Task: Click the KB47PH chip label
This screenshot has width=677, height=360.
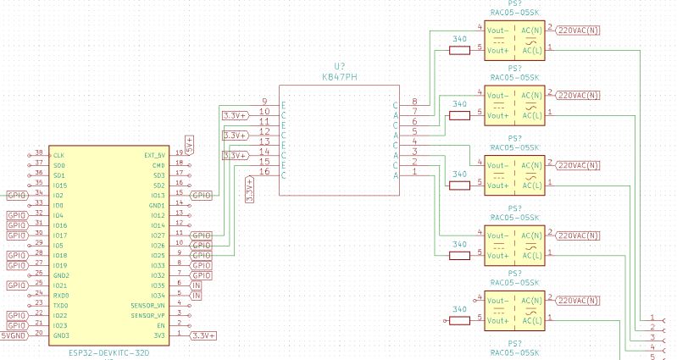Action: [x=339, y=76]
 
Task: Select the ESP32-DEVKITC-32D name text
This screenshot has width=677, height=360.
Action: [x=108, y=351]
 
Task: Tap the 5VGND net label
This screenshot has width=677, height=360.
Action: [x=14, y=335]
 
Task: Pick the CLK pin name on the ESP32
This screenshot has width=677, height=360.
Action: [x=58, y=155]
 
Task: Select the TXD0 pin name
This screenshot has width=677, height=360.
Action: [x=60, y=305]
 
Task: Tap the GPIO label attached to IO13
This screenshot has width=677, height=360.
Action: [x=202, y=195]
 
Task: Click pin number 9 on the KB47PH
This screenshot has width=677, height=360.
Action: [x=265, y=102]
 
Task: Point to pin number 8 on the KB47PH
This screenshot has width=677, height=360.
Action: [x=413, y=102]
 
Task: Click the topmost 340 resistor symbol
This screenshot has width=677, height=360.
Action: [x=458, y=50]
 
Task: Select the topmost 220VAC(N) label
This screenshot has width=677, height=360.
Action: [x=578, y=30]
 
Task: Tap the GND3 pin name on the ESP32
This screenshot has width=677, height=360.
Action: [x=60, y=335]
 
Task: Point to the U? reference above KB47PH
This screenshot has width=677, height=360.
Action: [x=339, y=65]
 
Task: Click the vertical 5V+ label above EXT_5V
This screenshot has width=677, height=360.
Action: [x=190, y=144]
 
